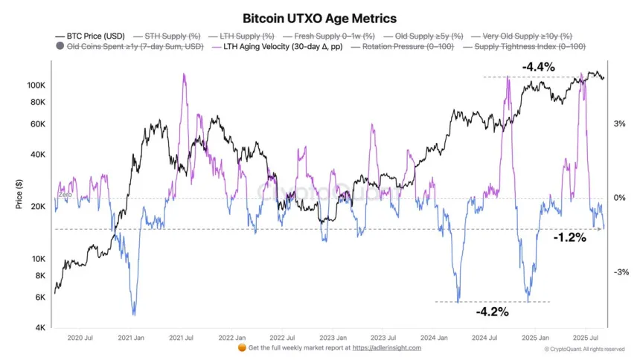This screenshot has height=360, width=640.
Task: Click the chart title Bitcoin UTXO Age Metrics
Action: point(320,18)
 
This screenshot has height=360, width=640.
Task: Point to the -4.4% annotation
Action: point(538,67)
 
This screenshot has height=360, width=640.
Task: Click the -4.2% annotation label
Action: point(492,312)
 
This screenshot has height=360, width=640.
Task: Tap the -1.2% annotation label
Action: point(569,238)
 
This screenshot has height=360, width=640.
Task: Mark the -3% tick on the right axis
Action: point(619,272)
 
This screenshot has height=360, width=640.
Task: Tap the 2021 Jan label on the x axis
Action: point(131,337)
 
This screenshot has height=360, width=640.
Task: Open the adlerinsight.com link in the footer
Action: point(386,347)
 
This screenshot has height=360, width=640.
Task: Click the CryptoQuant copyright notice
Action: point(584,348)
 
